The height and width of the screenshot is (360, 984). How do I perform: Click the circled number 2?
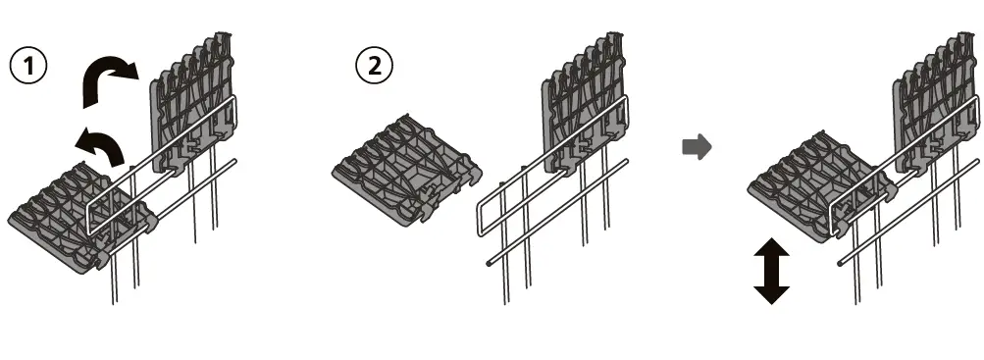point(375,66)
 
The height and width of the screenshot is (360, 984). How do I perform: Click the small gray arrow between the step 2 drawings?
point(696,147)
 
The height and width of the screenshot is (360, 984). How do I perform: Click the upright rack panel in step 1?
point(191,108)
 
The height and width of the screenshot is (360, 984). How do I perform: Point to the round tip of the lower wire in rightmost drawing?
point(843,263)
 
